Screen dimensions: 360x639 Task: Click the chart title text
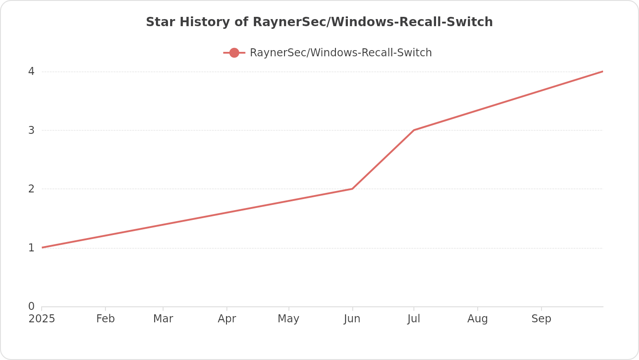319,22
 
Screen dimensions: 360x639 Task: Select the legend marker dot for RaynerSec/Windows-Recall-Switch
234,53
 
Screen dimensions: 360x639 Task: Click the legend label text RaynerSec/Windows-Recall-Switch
340,53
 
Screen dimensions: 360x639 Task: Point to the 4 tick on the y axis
31,71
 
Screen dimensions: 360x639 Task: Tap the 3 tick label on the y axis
31,130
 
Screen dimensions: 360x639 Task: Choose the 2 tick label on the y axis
31,189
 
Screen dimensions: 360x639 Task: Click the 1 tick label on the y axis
31,248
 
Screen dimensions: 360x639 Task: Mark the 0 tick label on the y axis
31,306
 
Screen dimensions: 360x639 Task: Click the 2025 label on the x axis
42,319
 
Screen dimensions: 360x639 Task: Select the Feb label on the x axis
105,319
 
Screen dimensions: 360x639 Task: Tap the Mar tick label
163,319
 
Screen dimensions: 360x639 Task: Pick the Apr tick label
227,319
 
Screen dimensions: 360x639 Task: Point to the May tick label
288,319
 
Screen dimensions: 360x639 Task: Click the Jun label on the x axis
352,319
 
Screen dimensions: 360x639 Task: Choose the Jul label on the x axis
414,319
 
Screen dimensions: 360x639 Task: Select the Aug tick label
478,319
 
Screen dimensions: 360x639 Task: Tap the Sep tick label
542,319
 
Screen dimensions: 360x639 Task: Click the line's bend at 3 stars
414,130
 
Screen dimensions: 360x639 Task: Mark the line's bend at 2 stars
352,189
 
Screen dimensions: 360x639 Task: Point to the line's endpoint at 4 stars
602,71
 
